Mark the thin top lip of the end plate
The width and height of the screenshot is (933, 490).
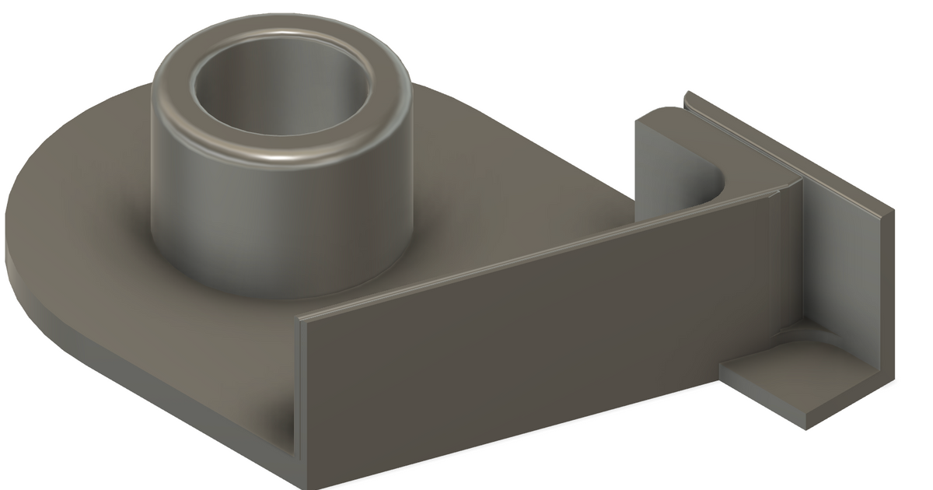pyautogui.click(x=785, y=148)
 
